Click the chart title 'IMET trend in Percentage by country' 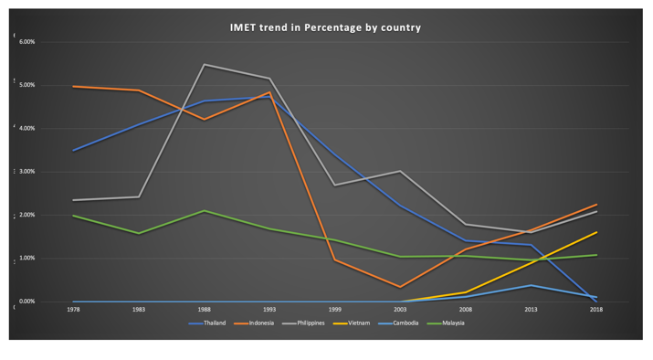pos(326,27)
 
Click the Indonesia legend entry pos(256,323)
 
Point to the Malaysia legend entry pos(451,323)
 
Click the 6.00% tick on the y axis pos(27,42)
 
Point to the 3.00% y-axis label pos(27,172)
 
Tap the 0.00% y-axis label pos(27,302)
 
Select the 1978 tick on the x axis pos(73,311)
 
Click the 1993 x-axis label pos(269,311)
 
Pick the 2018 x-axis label pos(596,311)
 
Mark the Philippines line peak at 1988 pos(204,65)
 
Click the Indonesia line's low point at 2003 pos(400,287)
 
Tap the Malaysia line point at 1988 pos(204,211)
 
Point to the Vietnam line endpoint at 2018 pos(596,232)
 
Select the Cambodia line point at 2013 pos(532,285)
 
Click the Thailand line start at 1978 pos(73,151)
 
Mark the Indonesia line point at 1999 pos(335,260)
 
